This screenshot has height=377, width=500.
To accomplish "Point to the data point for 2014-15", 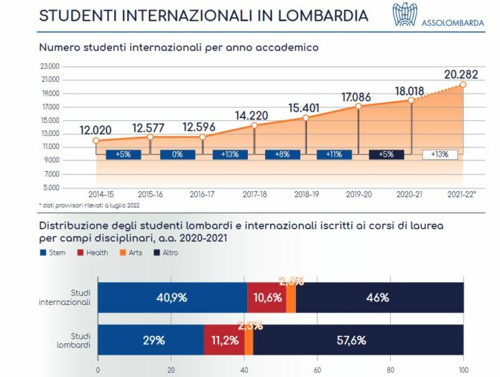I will click(96, 141).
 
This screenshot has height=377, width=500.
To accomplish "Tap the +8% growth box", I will click(282, 154).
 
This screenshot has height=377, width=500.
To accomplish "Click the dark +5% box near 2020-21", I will click(386, 154).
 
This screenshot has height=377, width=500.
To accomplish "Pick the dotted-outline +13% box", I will click(439, 154).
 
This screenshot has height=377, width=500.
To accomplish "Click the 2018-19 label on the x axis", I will click(306, 194).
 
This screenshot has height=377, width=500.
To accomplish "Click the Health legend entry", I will click(93, 253).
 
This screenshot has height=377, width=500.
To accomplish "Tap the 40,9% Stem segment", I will click(172, 297).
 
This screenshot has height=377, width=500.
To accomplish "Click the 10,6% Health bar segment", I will click(267, 297).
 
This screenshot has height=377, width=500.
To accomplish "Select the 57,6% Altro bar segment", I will click(357, 340).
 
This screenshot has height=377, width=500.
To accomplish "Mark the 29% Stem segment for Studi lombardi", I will click(151, 340).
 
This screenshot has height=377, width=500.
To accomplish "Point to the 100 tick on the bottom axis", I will click(463, 371).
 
